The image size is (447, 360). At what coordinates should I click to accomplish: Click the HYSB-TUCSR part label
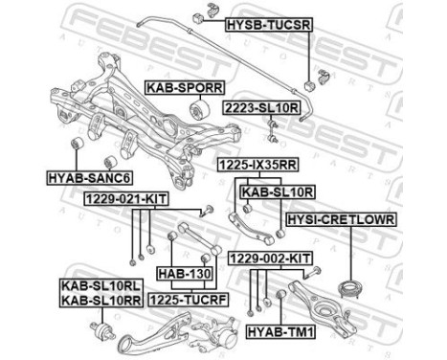tap(268, 25)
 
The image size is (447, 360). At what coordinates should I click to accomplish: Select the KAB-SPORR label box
tap(185, 87)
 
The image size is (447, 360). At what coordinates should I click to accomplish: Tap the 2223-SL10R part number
tap(261, 108)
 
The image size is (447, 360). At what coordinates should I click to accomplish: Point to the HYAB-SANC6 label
tap(89, 178)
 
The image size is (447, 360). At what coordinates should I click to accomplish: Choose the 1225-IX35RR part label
tap(257, 165)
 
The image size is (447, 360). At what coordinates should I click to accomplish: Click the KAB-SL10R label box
tap(278, 192)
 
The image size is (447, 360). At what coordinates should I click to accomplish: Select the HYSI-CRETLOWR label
tap(341, 219)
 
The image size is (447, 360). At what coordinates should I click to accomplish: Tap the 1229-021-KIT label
tap(126, 199)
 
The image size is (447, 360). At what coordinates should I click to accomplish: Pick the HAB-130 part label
tap(185, 274)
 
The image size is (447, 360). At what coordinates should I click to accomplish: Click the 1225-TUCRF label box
tap(189, 300)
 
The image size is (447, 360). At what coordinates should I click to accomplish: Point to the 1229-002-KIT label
tap(270, 259)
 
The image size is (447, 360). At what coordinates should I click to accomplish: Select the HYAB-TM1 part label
tap(280, 332)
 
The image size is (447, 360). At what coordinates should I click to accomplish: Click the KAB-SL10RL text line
tap(101, 286)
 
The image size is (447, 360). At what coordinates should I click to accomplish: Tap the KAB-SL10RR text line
tap(101, 300)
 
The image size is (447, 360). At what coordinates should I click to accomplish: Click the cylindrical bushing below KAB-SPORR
tap(199, 109)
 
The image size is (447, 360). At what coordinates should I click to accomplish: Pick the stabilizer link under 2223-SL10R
tap(272, 130)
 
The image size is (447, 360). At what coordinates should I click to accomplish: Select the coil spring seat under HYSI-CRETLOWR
tap(350, 289)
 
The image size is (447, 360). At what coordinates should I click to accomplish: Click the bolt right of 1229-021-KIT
tap(206, 212)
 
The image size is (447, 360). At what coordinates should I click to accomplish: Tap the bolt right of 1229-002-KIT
tap(312, 273)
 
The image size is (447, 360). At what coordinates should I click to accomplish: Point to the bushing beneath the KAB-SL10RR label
tap(102, 331)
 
